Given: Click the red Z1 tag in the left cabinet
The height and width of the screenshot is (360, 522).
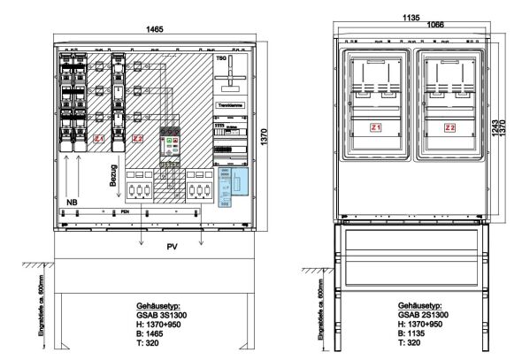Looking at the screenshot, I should [99, 140].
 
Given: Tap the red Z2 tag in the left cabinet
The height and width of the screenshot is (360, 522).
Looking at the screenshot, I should [136, 140].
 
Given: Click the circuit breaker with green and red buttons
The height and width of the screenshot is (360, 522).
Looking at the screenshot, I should [170, 144].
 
